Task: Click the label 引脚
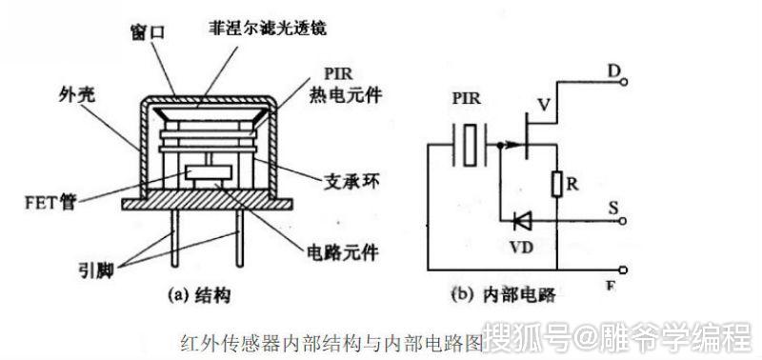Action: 99,270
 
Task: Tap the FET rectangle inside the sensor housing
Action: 207,173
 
